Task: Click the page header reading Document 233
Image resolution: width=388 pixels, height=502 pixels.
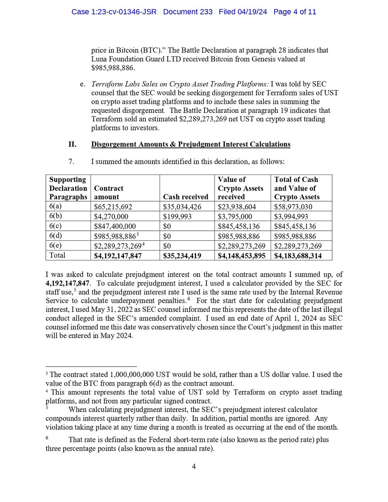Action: point(188,12)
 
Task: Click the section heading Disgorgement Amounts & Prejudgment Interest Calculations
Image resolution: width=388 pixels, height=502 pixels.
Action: point(191,144)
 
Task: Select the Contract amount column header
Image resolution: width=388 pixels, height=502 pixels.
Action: point(109,192)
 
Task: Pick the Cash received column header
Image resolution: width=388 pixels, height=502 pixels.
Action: point(185,197)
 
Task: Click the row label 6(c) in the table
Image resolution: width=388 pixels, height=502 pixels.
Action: point(55,226)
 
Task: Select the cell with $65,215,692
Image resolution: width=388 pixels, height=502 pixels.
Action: point(113,207)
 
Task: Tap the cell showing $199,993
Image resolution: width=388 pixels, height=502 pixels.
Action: point(177,216)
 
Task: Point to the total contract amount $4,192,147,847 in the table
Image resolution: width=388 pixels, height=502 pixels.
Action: point(118,256)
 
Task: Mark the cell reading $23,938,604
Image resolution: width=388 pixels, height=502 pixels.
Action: point(237,207)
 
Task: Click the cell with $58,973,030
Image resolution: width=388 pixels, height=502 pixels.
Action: point(293,207)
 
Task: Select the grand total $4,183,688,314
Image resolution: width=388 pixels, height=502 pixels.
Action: point(298,256)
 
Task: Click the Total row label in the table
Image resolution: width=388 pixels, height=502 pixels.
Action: point(57,255)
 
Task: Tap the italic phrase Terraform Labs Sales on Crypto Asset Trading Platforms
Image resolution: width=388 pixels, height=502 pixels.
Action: point(180,84)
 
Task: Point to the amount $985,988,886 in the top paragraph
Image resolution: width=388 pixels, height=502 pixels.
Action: point(113,68)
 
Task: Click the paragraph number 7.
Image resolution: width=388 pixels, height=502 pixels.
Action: point(72,161)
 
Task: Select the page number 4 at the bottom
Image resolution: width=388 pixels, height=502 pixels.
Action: point(194,466)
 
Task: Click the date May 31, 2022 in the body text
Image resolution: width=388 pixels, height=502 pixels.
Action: point(112,310)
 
